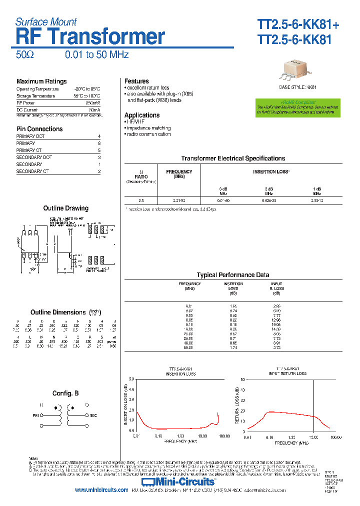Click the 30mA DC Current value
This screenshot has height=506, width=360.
tap(94, 109)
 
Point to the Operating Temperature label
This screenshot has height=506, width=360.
tap(37, 89)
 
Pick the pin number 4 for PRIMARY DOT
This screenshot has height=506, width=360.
tap(99, 136)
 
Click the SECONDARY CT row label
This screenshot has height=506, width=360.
tap(32, 171)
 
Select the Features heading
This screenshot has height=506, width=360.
tap(136, 81)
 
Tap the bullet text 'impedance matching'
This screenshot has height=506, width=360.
tap(148, 128)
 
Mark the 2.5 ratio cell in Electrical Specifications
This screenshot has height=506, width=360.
tap(141, 200)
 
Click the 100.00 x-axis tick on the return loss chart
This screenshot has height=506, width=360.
tap(335, 437)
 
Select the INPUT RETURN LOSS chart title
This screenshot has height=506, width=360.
tap(287, 373)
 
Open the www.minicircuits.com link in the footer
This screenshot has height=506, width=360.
tap(101, 490)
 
